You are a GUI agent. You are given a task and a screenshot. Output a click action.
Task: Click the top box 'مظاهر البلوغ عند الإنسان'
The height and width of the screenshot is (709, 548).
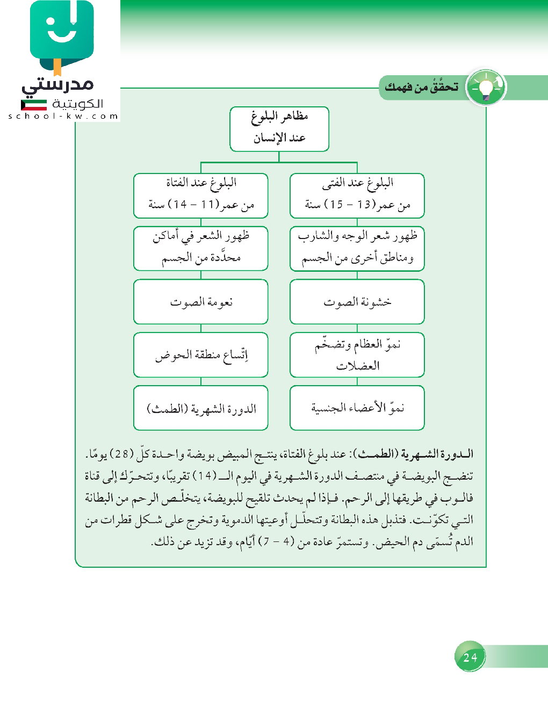click(x=279, y=129)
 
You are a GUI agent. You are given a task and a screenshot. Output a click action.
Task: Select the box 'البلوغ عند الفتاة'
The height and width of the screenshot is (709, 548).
click(x=200, y=196)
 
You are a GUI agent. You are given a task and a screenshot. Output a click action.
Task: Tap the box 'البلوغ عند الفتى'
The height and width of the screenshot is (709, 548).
click(x=357, y=196)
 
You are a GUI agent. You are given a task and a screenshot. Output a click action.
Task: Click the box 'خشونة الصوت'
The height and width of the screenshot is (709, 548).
click(x=357, y=302)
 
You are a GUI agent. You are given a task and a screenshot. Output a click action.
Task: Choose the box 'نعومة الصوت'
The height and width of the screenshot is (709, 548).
click(x=200, y=302)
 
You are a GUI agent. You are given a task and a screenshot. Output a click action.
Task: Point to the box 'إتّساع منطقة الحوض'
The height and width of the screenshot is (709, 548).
click(x=200, y=355)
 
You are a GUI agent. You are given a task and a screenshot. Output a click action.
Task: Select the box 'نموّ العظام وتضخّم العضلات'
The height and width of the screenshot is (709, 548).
click(x=357, y=355)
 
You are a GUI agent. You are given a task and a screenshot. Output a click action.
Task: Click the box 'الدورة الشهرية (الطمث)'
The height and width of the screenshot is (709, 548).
click(x=200, y=408)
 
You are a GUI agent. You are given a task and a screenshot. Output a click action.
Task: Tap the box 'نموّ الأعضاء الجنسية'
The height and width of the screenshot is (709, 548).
click(x=357, y=408)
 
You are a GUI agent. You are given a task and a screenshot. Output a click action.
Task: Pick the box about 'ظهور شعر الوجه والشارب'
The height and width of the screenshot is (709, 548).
click(x=357, y=249)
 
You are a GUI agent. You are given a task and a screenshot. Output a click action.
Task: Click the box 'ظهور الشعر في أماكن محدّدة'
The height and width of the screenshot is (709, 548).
click(x=200, y=249)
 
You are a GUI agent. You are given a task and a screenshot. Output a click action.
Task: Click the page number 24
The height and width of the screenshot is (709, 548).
click(x=470, y=657)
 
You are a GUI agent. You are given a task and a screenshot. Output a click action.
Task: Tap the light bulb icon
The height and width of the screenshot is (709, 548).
click(x=486, y=88)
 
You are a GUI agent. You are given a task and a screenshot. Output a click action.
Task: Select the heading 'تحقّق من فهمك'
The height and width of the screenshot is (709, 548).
click(x=422, y=87)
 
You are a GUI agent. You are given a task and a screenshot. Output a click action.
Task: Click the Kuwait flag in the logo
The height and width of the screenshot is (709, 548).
click(x=34, y=105)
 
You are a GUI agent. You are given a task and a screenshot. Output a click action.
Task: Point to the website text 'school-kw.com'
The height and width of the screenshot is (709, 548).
click(x=63, y=116)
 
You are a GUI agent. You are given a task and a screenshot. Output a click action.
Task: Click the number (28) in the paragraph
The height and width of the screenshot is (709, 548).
click(x=121, y=454)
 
